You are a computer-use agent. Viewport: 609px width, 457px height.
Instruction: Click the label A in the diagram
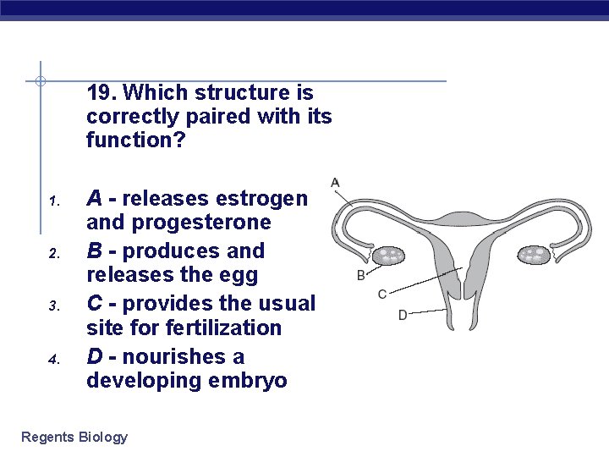(x=335, y=182)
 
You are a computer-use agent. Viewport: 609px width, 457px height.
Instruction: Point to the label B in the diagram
(x=361, y=275)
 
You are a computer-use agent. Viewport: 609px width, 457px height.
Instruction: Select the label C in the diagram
(x=382, y=295)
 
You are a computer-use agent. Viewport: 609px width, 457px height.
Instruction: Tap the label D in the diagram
(x=403, y=315)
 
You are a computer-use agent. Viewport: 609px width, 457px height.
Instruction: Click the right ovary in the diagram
(x=534, y=253)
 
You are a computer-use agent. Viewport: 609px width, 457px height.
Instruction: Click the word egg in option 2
(x=240, y=276)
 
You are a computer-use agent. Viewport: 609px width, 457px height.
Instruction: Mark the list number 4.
(x=52, y=360)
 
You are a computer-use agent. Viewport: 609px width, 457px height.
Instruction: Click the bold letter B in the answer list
(x=95, y=251)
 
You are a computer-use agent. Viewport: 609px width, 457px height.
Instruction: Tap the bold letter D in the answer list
(x=95, y=356)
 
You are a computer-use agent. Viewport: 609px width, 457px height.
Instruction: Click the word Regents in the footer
(x=47, y=437)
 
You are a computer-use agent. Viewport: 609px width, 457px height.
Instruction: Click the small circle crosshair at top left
(x=40, y=81)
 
